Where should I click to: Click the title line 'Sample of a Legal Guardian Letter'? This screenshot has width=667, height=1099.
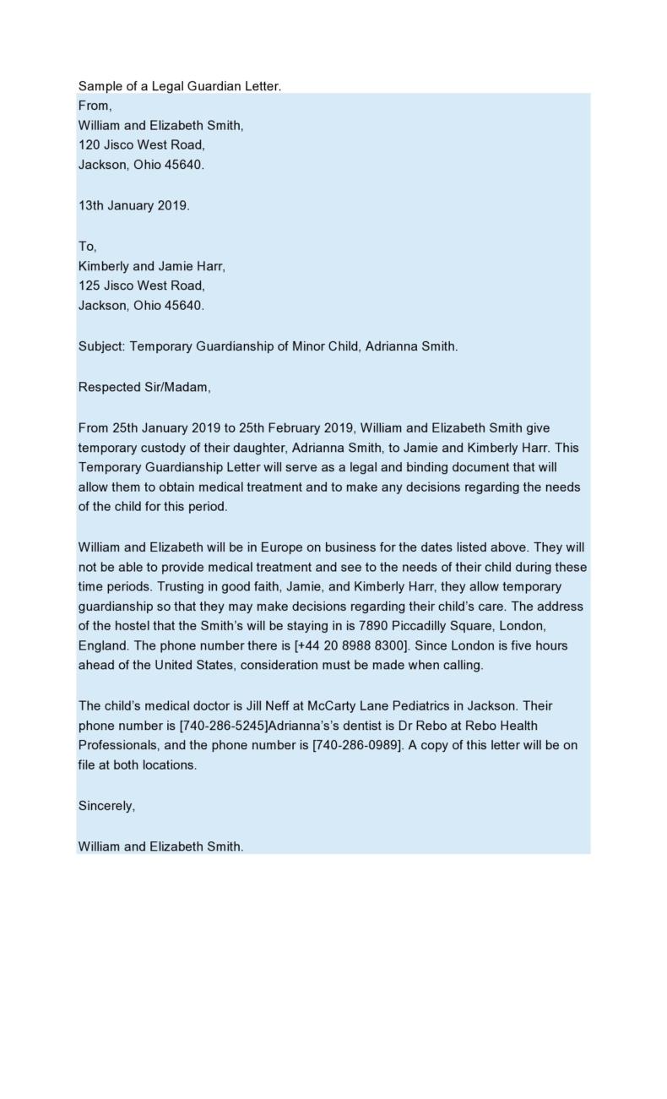pos(179,86)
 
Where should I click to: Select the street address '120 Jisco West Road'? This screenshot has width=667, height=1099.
pos(141,145)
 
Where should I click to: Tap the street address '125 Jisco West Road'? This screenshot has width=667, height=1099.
pos(141,286)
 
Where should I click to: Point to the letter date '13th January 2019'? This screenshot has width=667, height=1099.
pos(133,205)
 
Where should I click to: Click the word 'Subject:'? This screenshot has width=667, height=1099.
pos(101,346)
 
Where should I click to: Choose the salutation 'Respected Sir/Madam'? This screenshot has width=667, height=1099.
pos(144,388)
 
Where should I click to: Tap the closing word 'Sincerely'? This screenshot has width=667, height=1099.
pos(106,806)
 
